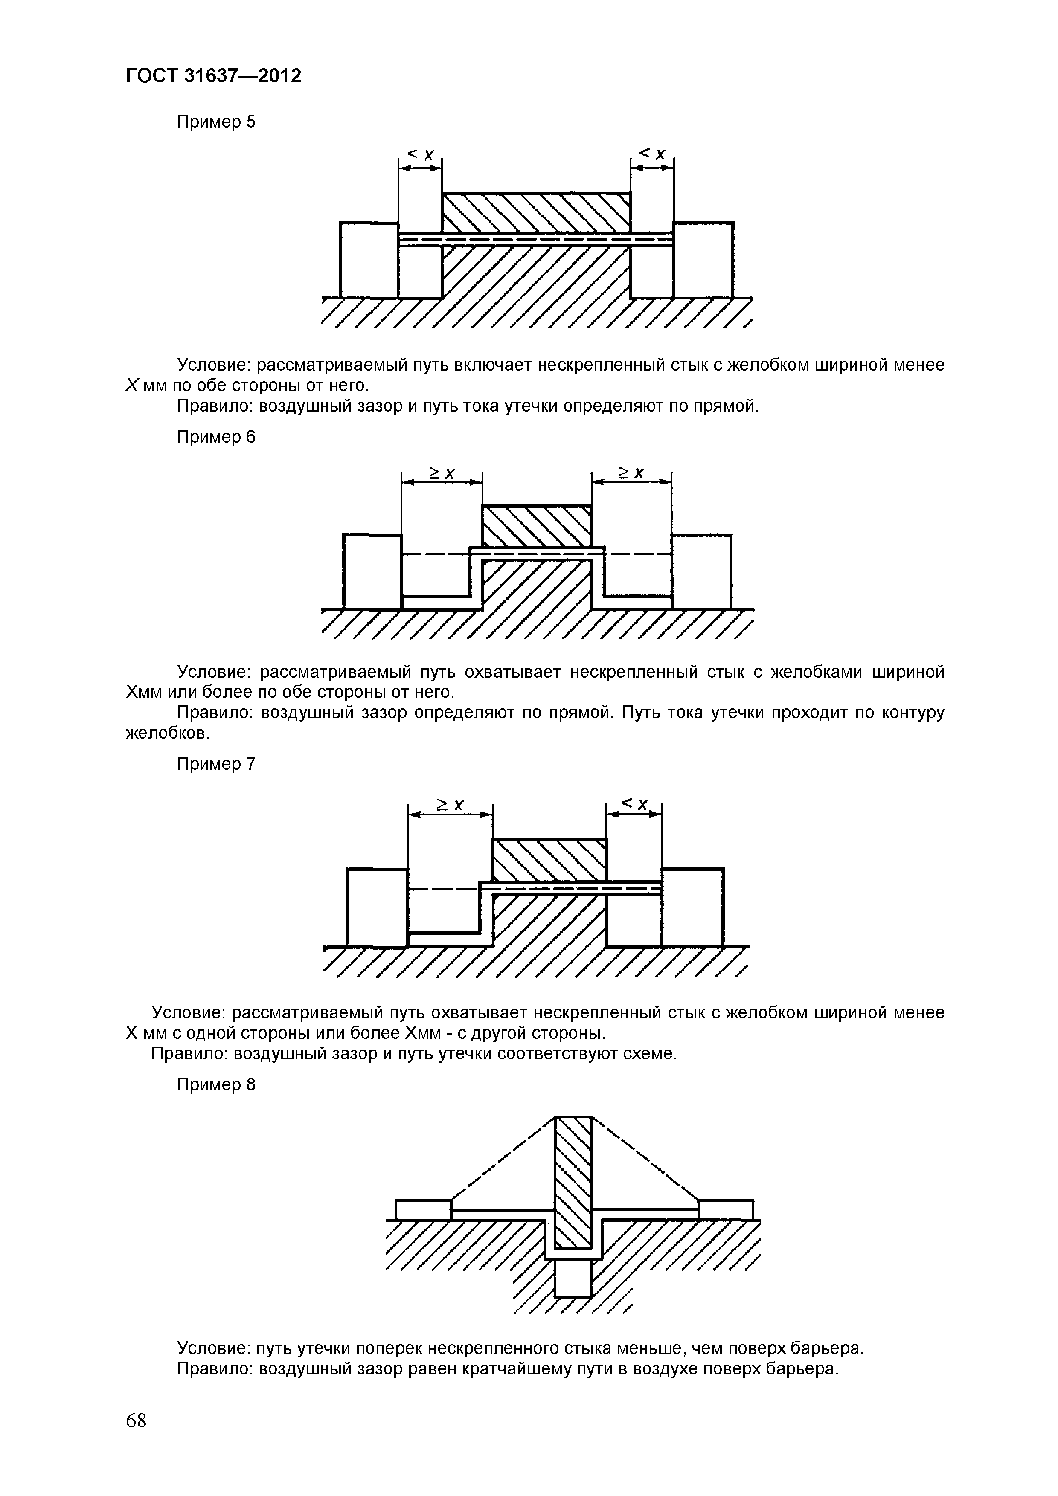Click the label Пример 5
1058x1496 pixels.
[216, 122]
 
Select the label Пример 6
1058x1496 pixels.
[216, 437]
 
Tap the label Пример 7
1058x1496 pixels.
[216, 764]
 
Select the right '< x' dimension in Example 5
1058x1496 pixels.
[652, 154]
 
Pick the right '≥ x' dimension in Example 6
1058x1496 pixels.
[631, 473]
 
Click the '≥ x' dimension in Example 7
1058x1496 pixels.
[450, 805]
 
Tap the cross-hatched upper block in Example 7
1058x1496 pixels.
[549, 860]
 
